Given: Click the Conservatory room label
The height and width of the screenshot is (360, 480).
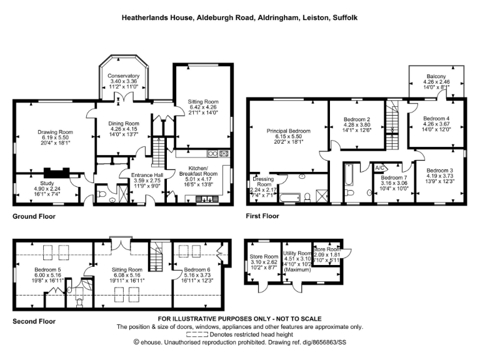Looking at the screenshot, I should [x=123, y=76].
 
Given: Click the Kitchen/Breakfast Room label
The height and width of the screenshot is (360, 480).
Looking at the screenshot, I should [x=203, y=169].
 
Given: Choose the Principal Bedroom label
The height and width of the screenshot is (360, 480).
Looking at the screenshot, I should [x=288, y=131].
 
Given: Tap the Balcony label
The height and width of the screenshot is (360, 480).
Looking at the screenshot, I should [x=436, y=76].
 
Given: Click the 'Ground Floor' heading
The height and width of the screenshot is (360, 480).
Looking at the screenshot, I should [x=34, y=217].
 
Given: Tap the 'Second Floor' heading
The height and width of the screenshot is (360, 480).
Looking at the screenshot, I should [x=34, y=321].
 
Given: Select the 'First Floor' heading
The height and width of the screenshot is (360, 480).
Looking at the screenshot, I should [x=262, y=217].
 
